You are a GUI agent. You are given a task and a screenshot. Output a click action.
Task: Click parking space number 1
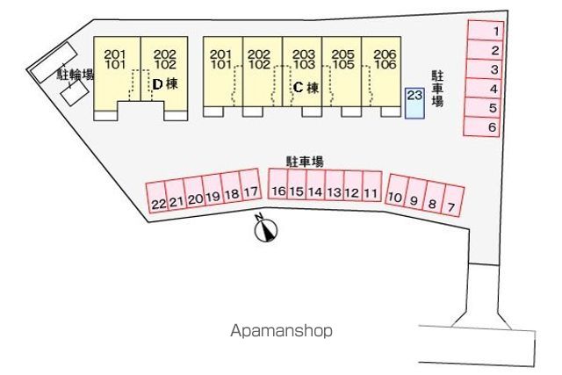tap(486, 30)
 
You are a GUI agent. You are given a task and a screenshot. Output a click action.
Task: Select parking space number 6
tap(481, 126)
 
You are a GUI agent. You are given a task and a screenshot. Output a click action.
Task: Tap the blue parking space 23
tap(414, 103)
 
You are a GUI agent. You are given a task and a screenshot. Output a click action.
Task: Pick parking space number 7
tap(453, 200)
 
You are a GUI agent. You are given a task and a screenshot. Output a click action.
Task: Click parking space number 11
tap(372, 186)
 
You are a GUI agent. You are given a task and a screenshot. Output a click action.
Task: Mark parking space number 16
tap(278, 184)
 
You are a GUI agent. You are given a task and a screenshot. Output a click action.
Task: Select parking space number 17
tap(249, 185)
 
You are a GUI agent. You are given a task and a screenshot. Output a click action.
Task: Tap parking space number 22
tap(157, 198)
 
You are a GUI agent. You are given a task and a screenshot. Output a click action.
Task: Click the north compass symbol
tap(266, 228)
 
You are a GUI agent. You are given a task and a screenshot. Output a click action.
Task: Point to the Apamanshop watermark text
tap(281, 330)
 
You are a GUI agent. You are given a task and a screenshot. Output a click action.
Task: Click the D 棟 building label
tap(165, 84)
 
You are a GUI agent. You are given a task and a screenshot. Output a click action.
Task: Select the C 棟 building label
tap(306, 88)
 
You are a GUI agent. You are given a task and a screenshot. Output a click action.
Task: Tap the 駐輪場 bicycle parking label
tap(76, 75)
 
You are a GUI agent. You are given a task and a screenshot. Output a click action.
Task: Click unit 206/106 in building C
tap(381, 72)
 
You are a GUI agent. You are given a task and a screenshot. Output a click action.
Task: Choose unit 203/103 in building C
tap(302, 72)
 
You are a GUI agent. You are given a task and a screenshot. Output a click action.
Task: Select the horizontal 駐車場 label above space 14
tap(305, 162)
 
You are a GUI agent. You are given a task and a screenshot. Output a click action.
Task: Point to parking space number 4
tap(484, 88)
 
